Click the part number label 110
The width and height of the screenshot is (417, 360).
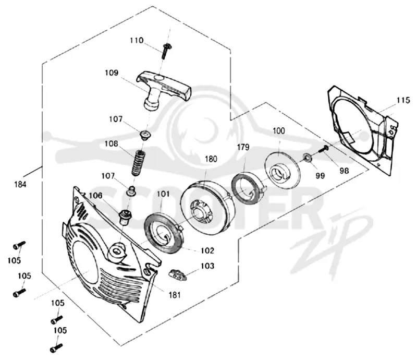[x=137, y=41]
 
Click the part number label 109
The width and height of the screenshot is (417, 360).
[x=112, y=73]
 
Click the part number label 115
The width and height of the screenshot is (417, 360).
[x=403, y=100]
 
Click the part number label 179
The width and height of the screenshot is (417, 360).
[x=243, y=147]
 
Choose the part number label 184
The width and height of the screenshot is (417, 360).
[x=20, y=184]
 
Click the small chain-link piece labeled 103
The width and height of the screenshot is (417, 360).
[x=178, y=275]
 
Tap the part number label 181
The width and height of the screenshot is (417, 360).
[x=175, y=295]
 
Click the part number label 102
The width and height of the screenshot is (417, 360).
[x=207, y=250]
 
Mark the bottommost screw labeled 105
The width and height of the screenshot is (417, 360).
[x=56, y=349]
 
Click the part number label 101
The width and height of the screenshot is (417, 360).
[x=163, y=194]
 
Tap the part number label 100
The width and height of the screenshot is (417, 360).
[x=279, y=131]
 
